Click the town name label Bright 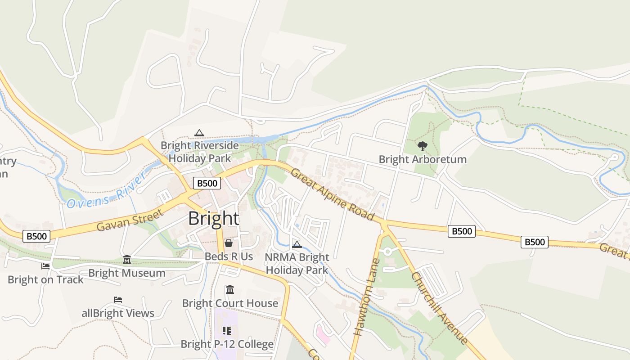tap(213, 219)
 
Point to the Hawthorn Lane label tap(364, 297)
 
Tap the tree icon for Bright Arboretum tap(422, 146)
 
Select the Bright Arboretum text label tap(422, 159)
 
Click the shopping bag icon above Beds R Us tap(229, 243)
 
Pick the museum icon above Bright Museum tap(127, 260)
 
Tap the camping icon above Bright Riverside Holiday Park tap(199, 133)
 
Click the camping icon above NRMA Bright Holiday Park tap(297, 244)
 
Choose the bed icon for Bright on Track tap(45, 266)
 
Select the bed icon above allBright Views tap(118, 300)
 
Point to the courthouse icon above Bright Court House tap(230, 289)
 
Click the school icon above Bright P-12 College tap(227, 331)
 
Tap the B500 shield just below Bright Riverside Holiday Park tap(207, 183)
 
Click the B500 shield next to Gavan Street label tap(36, 236)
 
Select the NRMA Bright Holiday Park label tap(297, 264)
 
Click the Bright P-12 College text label tap(227, 344)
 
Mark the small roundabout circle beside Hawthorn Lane tap(387, 252)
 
